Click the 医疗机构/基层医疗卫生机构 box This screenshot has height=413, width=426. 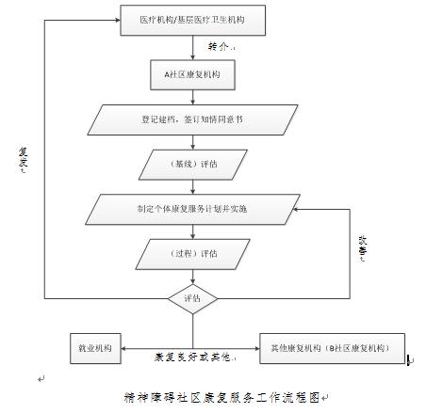[193, 18]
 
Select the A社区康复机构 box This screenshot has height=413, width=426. [192, 71]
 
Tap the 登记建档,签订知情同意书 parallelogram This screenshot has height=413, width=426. [192, 119]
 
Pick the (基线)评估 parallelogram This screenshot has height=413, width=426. [192, 165]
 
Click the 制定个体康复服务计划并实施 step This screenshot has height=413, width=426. [192, 207]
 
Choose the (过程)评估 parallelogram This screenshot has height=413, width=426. [192, 253]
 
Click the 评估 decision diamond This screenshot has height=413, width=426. [192, 298]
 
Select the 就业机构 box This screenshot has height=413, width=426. [95, 346]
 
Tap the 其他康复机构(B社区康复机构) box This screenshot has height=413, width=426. [331, 346]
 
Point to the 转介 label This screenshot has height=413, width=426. [219, 44]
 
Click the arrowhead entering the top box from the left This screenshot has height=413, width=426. [119, 18]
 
